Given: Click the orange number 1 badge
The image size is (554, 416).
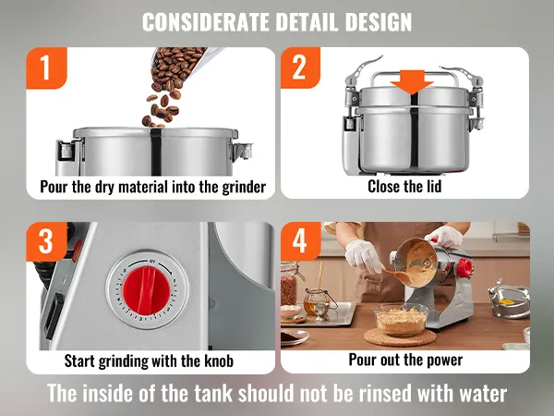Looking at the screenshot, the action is (x=46, y=67).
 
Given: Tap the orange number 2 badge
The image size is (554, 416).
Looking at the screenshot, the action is (x=300, y=67).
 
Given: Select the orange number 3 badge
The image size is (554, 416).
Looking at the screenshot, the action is (x=46, y=241).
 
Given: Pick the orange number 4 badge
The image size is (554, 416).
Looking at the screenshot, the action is (x=300, y=241).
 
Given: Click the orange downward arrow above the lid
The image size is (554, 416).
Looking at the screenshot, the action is (x=412, y=82).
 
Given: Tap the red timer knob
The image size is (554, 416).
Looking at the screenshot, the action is (x=146, y=291).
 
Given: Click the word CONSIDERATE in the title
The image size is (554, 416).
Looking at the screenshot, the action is (x=206, y=22).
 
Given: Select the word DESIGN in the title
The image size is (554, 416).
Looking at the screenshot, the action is (x=379, y=22).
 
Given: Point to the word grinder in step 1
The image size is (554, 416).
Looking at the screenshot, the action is (x=244, y=187).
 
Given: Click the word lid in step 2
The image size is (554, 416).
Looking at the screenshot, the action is (x=434, y=186).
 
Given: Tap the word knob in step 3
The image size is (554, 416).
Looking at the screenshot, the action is (x=219, y=361).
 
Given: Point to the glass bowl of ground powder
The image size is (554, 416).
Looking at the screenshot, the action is (x=401, y=320).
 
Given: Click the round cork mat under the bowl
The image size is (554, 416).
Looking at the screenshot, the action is (x=400, y=337).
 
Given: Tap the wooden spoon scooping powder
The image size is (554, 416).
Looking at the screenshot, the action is (x=399, y=275).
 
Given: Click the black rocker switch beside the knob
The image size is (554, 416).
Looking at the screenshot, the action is (x=54, y=315).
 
